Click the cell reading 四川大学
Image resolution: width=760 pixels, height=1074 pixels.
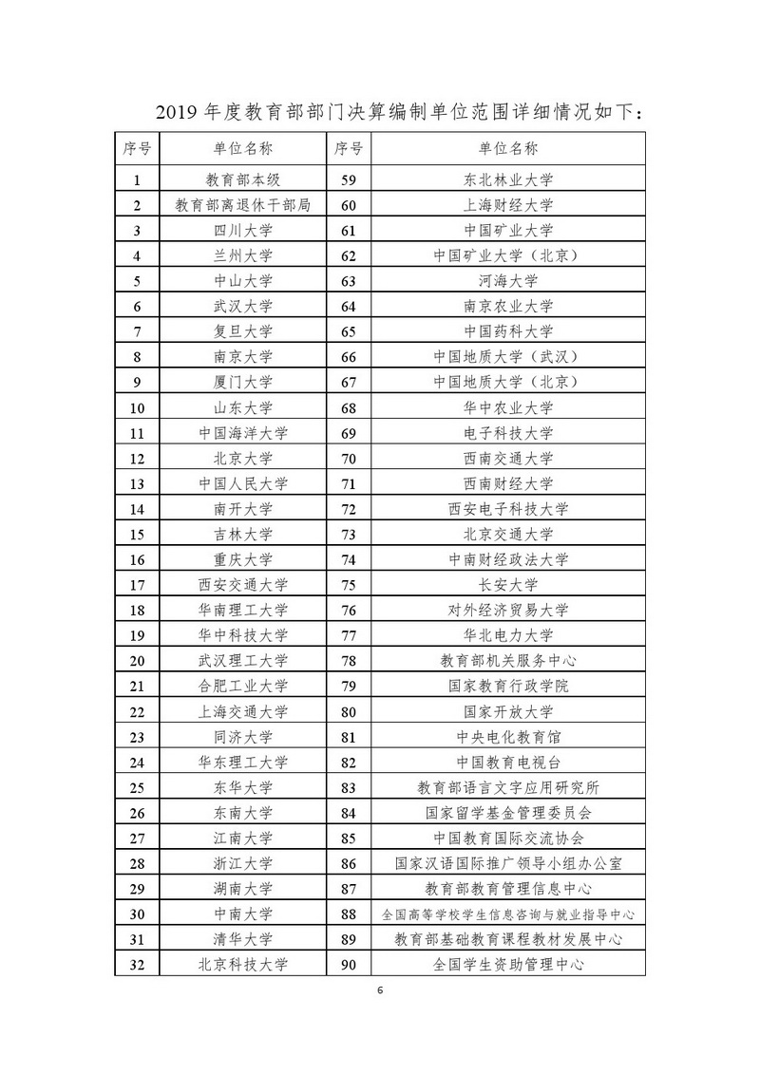(x=243, y=230)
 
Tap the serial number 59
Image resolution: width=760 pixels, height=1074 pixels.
(x=348, y=179)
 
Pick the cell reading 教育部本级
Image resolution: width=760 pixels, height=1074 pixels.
(x=243, y=179)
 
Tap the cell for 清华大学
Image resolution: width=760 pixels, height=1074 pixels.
(x=243, y=939)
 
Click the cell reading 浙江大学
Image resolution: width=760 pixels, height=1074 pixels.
(x=243, y=863)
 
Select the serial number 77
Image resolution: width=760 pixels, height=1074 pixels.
(x=348, y=634)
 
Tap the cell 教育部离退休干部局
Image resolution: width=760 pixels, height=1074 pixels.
(x=243, y=204)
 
